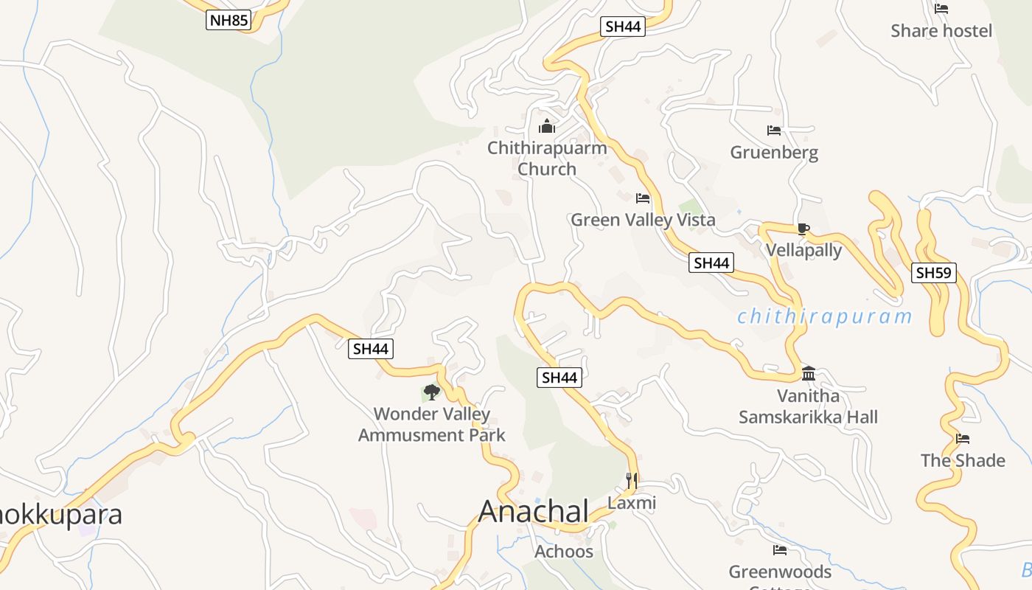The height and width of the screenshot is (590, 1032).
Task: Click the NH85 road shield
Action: pyautogui.click(x=229, y=20)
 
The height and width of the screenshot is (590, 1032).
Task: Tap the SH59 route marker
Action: pyautogui.click(x=933, y=273)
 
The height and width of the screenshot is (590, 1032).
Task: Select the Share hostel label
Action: pyautogui.click(x=941, y=31)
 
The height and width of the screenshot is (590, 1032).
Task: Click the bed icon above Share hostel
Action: pyautogui.click(x=941, y=9)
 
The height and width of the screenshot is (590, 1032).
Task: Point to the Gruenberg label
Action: pyautogui.click(x=774, y=153)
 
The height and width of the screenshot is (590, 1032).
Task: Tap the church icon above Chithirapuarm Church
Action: pyautogui.click(x=547, y=126)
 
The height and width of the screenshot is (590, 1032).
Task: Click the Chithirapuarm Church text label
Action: pyautogui.click(x=547, y=159)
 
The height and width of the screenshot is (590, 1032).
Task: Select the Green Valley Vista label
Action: pyautogui.click(x=643, y=220)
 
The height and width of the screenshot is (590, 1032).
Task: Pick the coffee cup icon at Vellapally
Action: pyautogui.click(x=803, y=229)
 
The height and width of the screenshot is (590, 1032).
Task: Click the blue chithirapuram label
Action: pyautogui.click(x=824, y=317)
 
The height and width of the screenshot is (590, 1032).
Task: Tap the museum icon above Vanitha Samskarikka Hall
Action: pyautogui.click(x=808, y=373)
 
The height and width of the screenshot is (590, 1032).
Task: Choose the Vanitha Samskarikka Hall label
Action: pyautogui.click(x=808, y=407)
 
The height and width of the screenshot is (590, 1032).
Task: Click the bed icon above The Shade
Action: pyautogui.click(x=963, y=439)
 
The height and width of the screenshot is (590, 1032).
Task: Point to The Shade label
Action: pyautogui.click(x=963, y=461)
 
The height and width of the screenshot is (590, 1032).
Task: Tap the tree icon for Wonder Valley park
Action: pyautogui.click(x=431, y=392)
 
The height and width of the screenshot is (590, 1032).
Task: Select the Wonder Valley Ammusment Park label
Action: pyautogui.click(x=432, y=425)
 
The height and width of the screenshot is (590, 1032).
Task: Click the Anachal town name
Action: pyautogui.click(x=534, y=511)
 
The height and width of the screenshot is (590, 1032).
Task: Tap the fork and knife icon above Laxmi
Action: pyautogui.click(x=631, y=481)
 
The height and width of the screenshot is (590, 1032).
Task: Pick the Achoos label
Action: pyautogui.click(x=564, y=552)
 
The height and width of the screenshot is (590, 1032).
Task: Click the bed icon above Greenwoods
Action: pyautogui.click(x=780, y=550)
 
